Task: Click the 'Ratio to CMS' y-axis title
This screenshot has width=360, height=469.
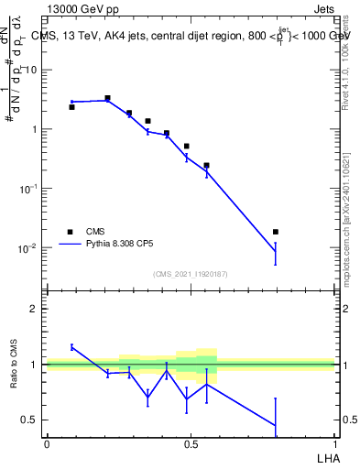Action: (x=15, y=365)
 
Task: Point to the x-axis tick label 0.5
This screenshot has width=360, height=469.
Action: (x=191, y=444)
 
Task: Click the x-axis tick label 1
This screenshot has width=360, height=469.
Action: (x=334, y=444)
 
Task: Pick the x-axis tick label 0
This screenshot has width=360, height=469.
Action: (x=47, y=444)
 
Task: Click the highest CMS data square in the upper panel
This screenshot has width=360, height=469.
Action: (x=107, y=98)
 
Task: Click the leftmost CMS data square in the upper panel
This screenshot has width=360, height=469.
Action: (x=71, y=107)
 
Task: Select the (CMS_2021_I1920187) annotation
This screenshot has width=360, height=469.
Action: (x=190, y=273)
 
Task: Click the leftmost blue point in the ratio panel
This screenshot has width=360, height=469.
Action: (x=71, y=347)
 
